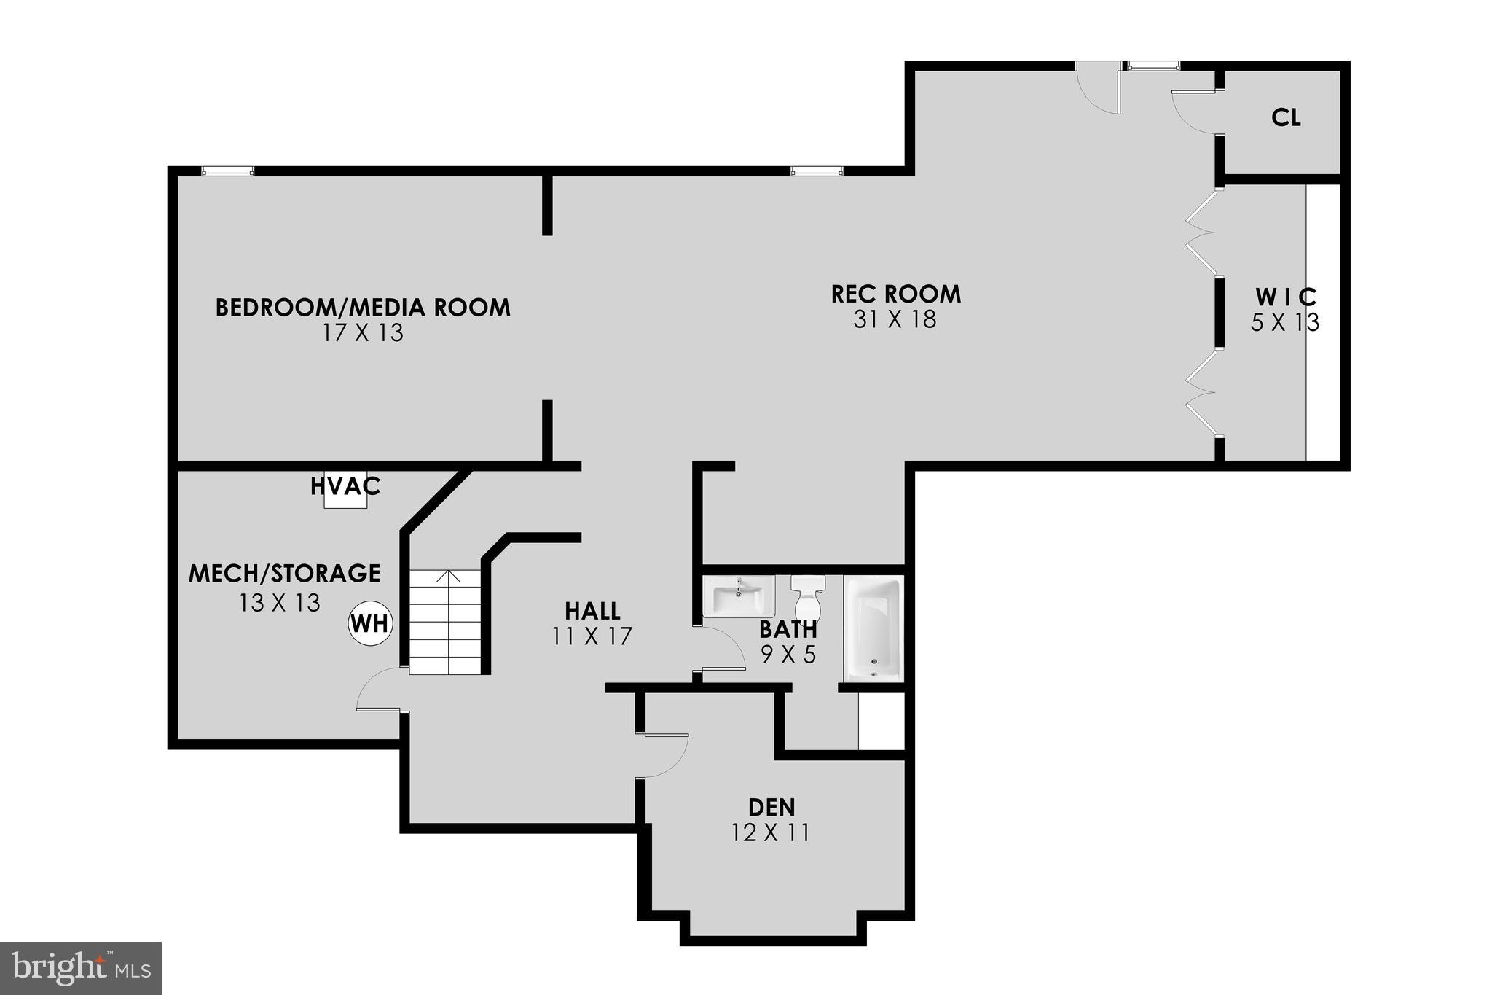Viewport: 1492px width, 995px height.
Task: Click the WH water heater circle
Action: pos(370,624)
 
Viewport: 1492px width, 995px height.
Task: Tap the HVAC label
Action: pos(345,485)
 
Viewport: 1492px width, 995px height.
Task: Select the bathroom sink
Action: pos(739,597)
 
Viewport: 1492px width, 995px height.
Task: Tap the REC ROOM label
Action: pos(895,294)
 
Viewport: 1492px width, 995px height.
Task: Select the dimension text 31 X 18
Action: pos(895,319)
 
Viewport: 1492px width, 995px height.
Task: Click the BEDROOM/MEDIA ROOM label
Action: pos(363,307)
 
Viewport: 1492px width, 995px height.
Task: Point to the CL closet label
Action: pos(1286,118)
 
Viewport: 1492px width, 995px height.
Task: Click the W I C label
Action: pos(1286,297)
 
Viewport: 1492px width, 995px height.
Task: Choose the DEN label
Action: pos(771,807)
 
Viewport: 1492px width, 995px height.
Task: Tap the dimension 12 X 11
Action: pos(771,832)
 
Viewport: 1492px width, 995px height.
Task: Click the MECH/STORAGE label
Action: pos(284,573)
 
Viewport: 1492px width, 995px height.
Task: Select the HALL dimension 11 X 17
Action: pos(592,636)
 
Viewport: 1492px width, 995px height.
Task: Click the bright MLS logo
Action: pos(81,968)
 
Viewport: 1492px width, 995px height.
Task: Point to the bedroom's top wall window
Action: pos(227,171)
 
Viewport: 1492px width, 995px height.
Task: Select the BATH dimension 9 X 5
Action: pos(788,655)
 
